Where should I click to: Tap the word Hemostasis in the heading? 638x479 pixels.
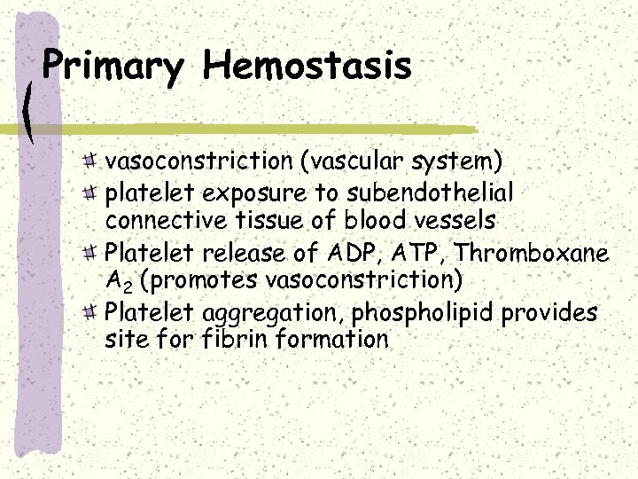[307, 66]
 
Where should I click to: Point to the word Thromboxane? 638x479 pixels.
[532, 254]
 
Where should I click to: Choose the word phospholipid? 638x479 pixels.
[420, 314]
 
